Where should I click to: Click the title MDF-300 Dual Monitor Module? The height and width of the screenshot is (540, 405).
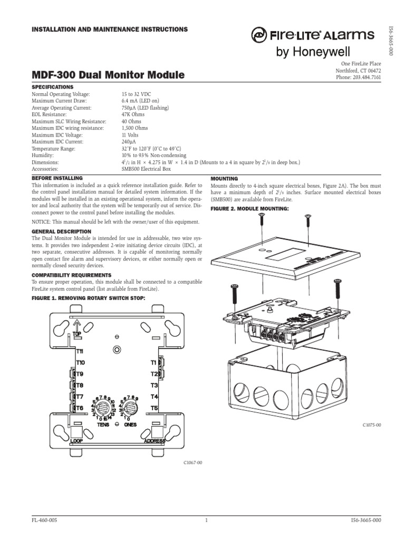108,75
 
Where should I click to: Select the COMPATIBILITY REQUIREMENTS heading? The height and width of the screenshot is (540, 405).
71,275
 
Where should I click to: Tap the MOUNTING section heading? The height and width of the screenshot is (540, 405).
225,179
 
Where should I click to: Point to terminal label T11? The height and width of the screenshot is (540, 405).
82,351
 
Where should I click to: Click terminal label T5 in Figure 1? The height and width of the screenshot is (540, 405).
154,408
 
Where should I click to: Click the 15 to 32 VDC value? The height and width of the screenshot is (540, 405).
139,93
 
